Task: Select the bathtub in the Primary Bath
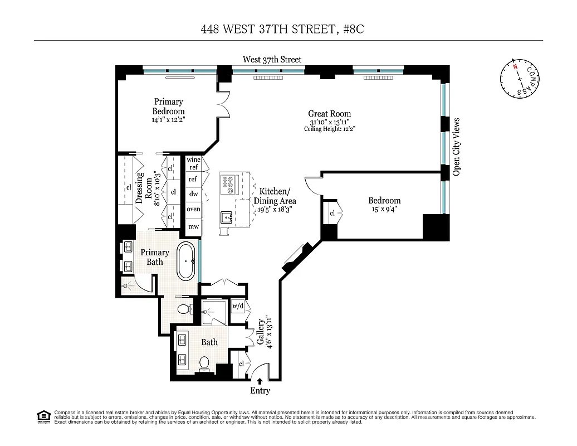point(187,261)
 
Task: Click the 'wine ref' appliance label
point(193,163)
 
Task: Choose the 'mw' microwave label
point(193,226)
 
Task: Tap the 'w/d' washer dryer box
point(238,306)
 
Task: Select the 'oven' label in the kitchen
point(193,209)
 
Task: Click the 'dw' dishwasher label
point(193,194)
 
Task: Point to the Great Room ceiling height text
point(329,129)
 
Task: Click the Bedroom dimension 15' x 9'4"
point(384,210)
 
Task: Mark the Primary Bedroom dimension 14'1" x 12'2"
point(168,119)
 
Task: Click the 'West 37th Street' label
point(272,59)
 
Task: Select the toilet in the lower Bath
point(204,363)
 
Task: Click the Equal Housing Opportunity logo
point(43,416)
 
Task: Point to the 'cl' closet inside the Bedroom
point(332,214)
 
